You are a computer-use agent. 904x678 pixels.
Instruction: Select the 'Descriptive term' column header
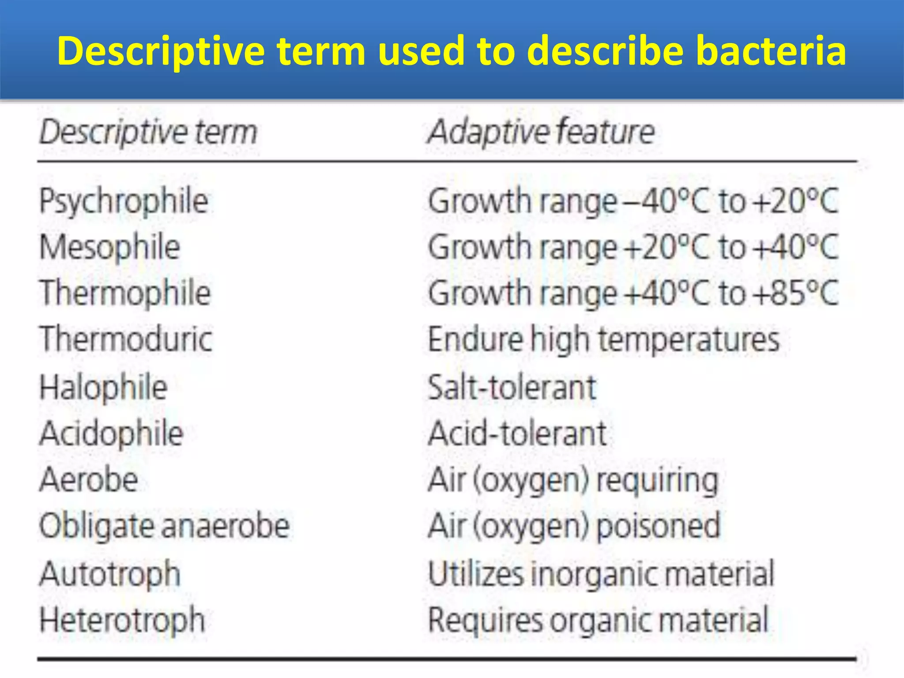[x=148, y=132]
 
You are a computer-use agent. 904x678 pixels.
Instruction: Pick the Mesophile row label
[x=110, y=247]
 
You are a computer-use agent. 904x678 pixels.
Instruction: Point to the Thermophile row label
[x=125, y=293]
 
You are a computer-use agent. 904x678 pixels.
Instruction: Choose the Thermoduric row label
[x=126, y=339]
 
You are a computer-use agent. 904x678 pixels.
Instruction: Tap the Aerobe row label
[x=89, y=479]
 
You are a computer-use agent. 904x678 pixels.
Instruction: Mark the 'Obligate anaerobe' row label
[x=164, y=526]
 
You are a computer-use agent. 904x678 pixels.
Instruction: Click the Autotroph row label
[x=110, y=574]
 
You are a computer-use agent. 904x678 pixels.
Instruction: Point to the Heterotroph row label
[x=122, y=620]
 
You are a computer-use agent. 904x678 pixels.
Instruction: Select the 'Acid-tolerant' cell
[x=517, y=433]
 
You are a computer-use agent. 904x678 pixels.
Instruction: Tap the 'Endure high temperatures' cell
[x=604, y=339]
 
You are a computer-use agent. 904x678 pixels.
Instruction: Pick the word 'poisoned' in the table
[x=658, y=526]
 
